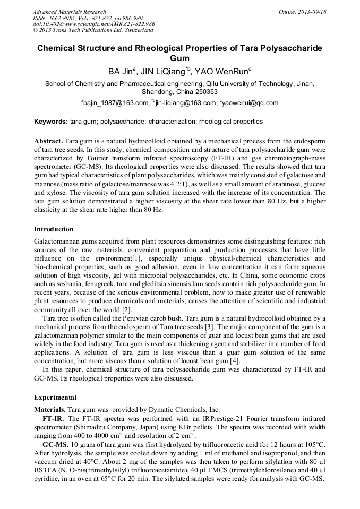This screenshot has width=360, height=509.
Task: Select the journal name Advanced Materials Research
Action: pos(69,12)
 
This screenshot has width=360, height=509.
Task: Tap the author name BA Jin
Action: pos(121,71)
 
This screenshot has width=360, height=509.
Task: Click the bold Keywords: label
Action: pos(50,122)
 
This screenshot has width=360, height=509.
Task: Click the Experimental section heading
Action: pos(55,397)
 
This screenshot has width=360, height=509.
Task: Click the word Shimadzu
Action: pos(97,427)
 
